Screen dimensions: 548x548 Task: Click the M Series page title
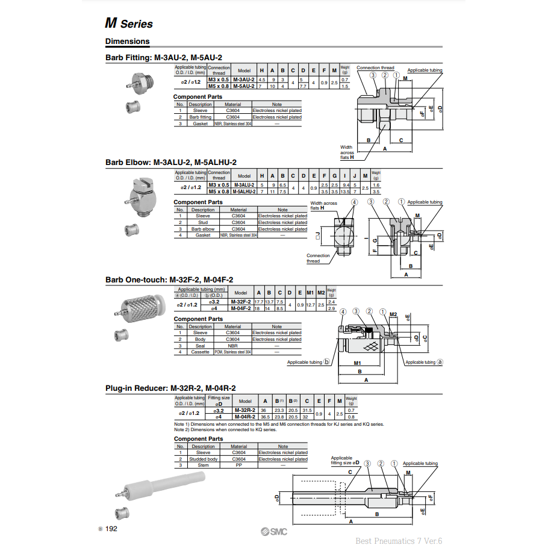coord(129,24)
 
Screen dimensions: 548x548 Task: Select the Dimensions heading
coord(127,42)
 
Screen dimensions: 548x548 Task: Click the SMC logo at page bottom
coord(274,531)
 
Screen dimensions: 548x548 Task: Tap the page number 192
coord(111,529)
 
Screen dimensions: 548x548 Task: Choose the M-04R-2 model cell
coord(245,417)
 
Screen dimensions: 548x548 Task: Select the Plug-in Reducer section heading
coord(170,388)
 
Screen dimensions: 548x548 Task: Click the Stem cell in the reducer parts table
coord(203,465)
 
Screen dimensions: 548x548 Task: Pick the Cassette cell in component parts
coord(200,352)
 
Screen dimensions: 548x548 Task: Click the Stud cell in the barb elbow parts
coord(203,222)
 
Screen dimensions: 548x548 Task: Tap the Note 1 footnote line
coord(278,424)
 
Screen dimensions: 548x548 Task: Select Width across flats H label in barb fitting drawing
coord(347,152)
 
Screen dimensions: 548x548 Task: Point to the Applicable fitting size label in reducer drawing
coord(345,461)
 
